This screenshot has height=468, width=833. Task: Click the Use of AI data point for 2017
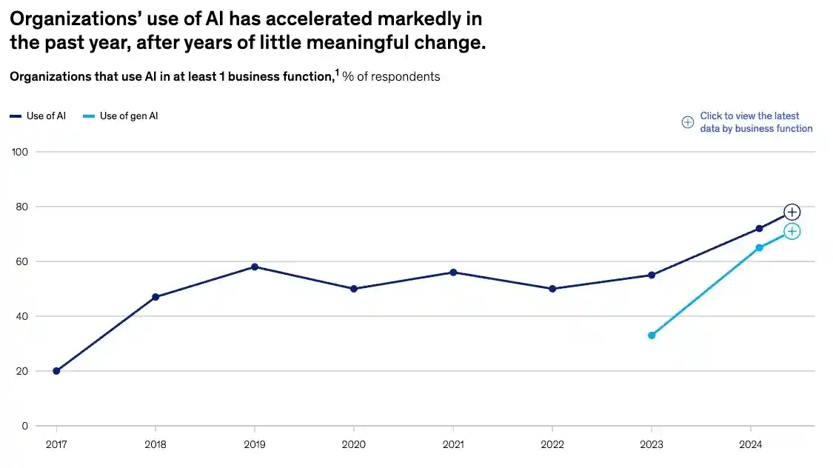(56, 371)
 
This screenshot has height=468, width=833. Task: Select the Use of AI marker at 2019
(255, 267)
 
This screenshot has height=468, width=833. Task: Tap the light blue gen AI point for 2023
(652, 335)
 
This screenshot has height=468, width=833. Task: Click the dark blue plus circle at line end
(792, 213)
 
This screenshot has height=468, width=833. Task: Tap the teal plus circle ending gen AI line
(792, 232)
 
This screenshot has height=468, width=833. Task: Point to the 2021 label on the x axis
(453, 445)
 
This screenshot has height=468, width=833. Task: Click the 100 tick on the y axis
(20, 152)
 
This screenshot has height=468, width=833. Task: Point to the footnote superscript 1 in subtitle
(336, 73)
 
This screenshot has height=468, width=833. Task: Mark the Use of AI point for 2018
(155, 297)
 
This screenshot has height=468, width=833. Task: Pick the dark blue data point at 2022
(552, 289)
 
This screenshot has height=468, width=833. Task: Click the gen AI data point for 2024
(759, 247)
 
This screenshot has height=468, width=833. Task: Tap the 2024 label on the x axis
(750, 445)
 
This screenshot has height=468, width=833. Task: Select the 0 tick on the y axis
(24, 426)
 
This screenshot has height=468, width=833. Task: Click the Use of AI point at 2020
(354, 289)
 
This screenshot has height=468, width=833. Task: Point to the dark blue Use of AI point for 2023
(652, 275)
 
